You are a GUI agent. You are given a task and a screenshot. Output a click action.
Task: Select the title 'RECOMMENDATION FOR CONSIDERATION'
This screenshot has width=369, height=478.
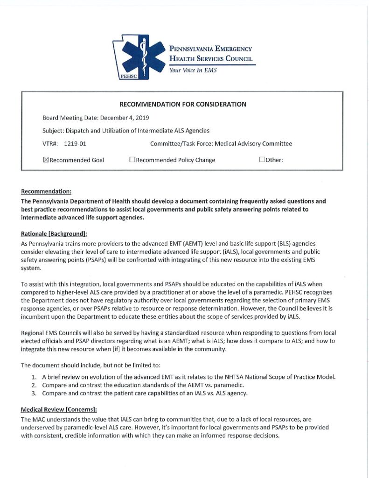click(x=182, y=104)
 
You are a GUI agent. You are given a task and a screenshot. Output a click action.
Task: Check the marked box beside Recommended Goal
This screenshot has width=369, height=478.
click(x=46, y=160)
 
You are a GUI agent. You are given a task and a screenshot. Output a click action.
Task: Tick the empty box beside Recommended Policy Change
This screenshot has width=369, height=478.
click(x=132, y=160)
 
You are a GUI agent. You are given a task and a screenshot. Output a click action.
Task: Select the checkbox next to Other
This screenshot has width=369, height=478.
click(x=262, y=160)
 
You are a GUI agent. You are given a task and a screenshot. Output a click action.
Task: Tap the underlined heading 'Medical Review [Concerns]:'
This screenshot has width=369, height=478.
click(x=59, y=410)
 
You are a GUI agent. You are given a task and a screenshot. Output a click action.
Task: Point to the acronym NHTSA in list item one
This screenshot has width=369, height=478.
click(x=236, y=377)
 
